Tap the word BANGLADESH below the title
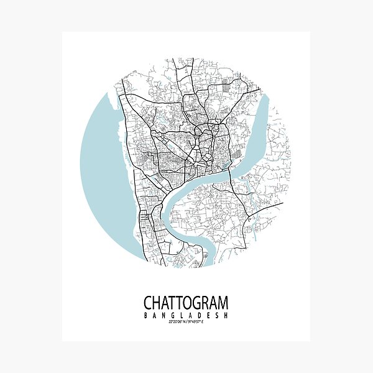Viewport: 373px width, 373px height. point(186,315)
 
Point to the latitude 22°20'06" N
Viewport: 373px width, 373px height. point(172,322)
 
